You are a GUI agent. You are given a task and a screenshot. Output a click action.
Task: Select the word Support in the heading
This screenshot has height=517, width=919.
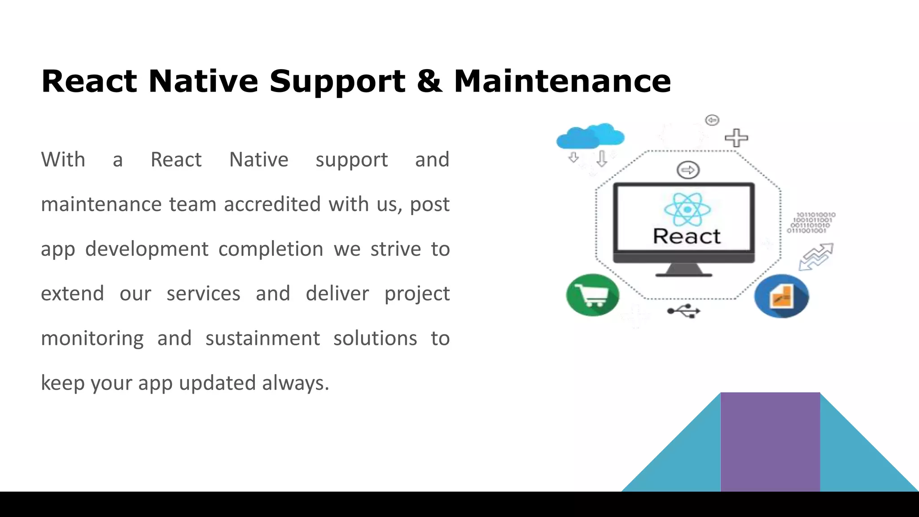[x=337, y=82]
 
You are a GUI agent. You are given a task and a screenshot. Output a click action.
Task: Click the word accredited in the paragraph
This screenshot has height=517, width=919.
[x=272, y=205]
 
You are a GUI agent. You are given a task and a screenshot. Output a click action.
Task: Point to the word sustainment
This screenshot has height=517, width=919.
[x=263, y=338]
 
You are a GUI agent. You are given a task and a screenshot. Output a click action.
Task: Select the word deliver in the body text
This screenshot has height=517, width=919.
[x=337, y=294]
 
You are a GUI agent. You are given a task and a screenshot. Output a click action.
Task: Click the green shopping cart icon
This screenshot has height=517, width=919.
[x=592, y=295]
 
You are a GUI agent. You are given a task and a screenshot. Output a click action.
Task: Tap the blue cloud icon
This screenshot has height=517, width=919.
[x=590, y=136]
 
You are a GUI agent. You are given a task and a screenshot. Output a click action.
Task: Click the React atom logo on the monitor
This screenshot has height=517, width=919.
[x=687, y=209]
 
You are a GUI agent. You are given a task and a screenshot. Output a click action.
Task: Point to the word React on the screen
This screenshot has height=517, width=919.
[x=686, y=237]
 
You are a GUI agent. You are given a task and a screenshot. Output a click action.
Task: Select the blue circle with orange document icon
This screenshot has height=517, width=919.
[x=781, y=296]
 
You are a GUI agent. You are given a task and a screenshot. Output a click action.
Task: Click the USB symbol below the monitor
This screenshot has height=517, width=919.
[x=683, y=311]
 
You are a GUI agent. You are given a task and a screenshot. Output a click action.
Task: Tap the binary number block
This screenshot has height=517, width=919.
[x=811, y=223]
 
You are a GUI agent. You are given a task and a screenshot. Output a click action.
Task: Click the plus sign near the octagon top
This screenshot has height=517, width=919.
[x=736, y=138]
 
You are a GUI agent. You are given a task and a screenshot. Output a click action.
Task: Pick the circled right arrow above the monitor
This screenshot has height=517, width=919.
[x=688, y=170]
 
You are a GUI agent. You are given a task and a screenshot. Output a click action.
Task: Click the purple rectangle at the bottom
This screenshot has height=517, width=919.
[x=770, y=442]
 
